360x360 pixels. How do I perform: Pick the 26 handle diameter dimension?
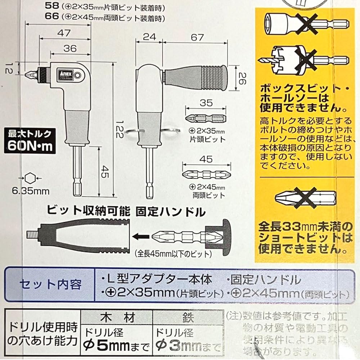pos(241,77)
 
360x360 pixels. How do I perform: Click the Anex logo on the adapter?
pos(65,73)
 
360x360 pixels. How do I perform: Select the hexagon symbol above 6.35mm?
pos(30,178)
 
